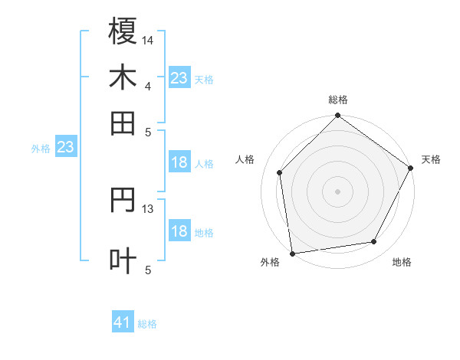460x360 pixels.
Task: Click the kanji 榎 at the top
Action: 123,31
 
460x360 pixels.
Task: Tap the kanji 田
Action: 123,122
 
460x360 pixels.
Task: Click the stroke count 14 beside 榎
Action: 148,39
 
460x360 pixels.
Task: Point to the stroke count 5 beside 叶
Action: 148,269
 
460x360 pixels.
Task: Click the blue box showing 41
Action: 123,322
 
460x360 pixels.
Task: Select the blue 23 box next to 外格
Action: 65,147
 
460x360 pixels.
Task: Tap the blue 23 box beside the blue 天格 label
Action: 179,78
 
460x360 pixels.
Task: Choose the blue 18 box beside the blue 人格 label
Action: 179,162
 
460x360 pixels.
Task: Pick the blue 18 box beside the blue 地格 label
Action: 179,231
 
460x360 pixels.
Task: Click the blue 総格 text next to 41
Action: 147,324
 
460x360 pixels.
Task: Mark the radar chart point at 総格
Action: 337,116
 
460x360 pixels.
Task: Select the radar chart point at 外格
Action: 292,253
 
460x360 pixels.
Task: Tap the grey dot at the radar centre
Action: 337,191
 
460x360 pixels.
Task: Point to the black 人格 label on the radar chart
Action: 245,159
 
